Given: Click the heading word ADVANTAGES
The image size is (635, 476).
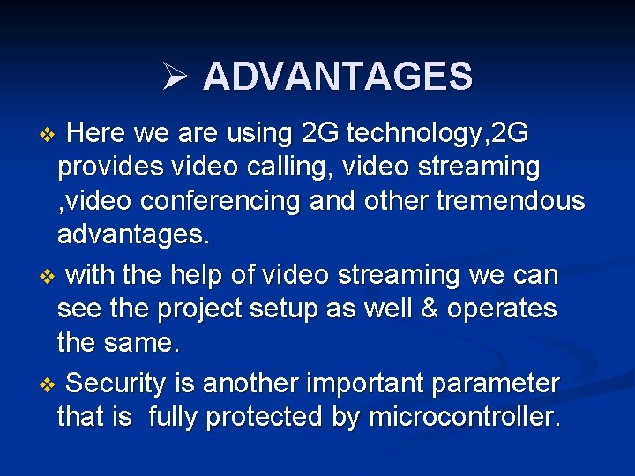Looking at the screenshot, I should (x=338, y=77).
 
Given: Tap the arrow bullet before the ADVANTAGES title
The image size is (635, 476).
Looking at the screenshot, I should (x=173, y=78).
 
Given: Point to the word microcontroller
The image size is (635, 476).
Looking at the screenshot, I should (x=464, y=417).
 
